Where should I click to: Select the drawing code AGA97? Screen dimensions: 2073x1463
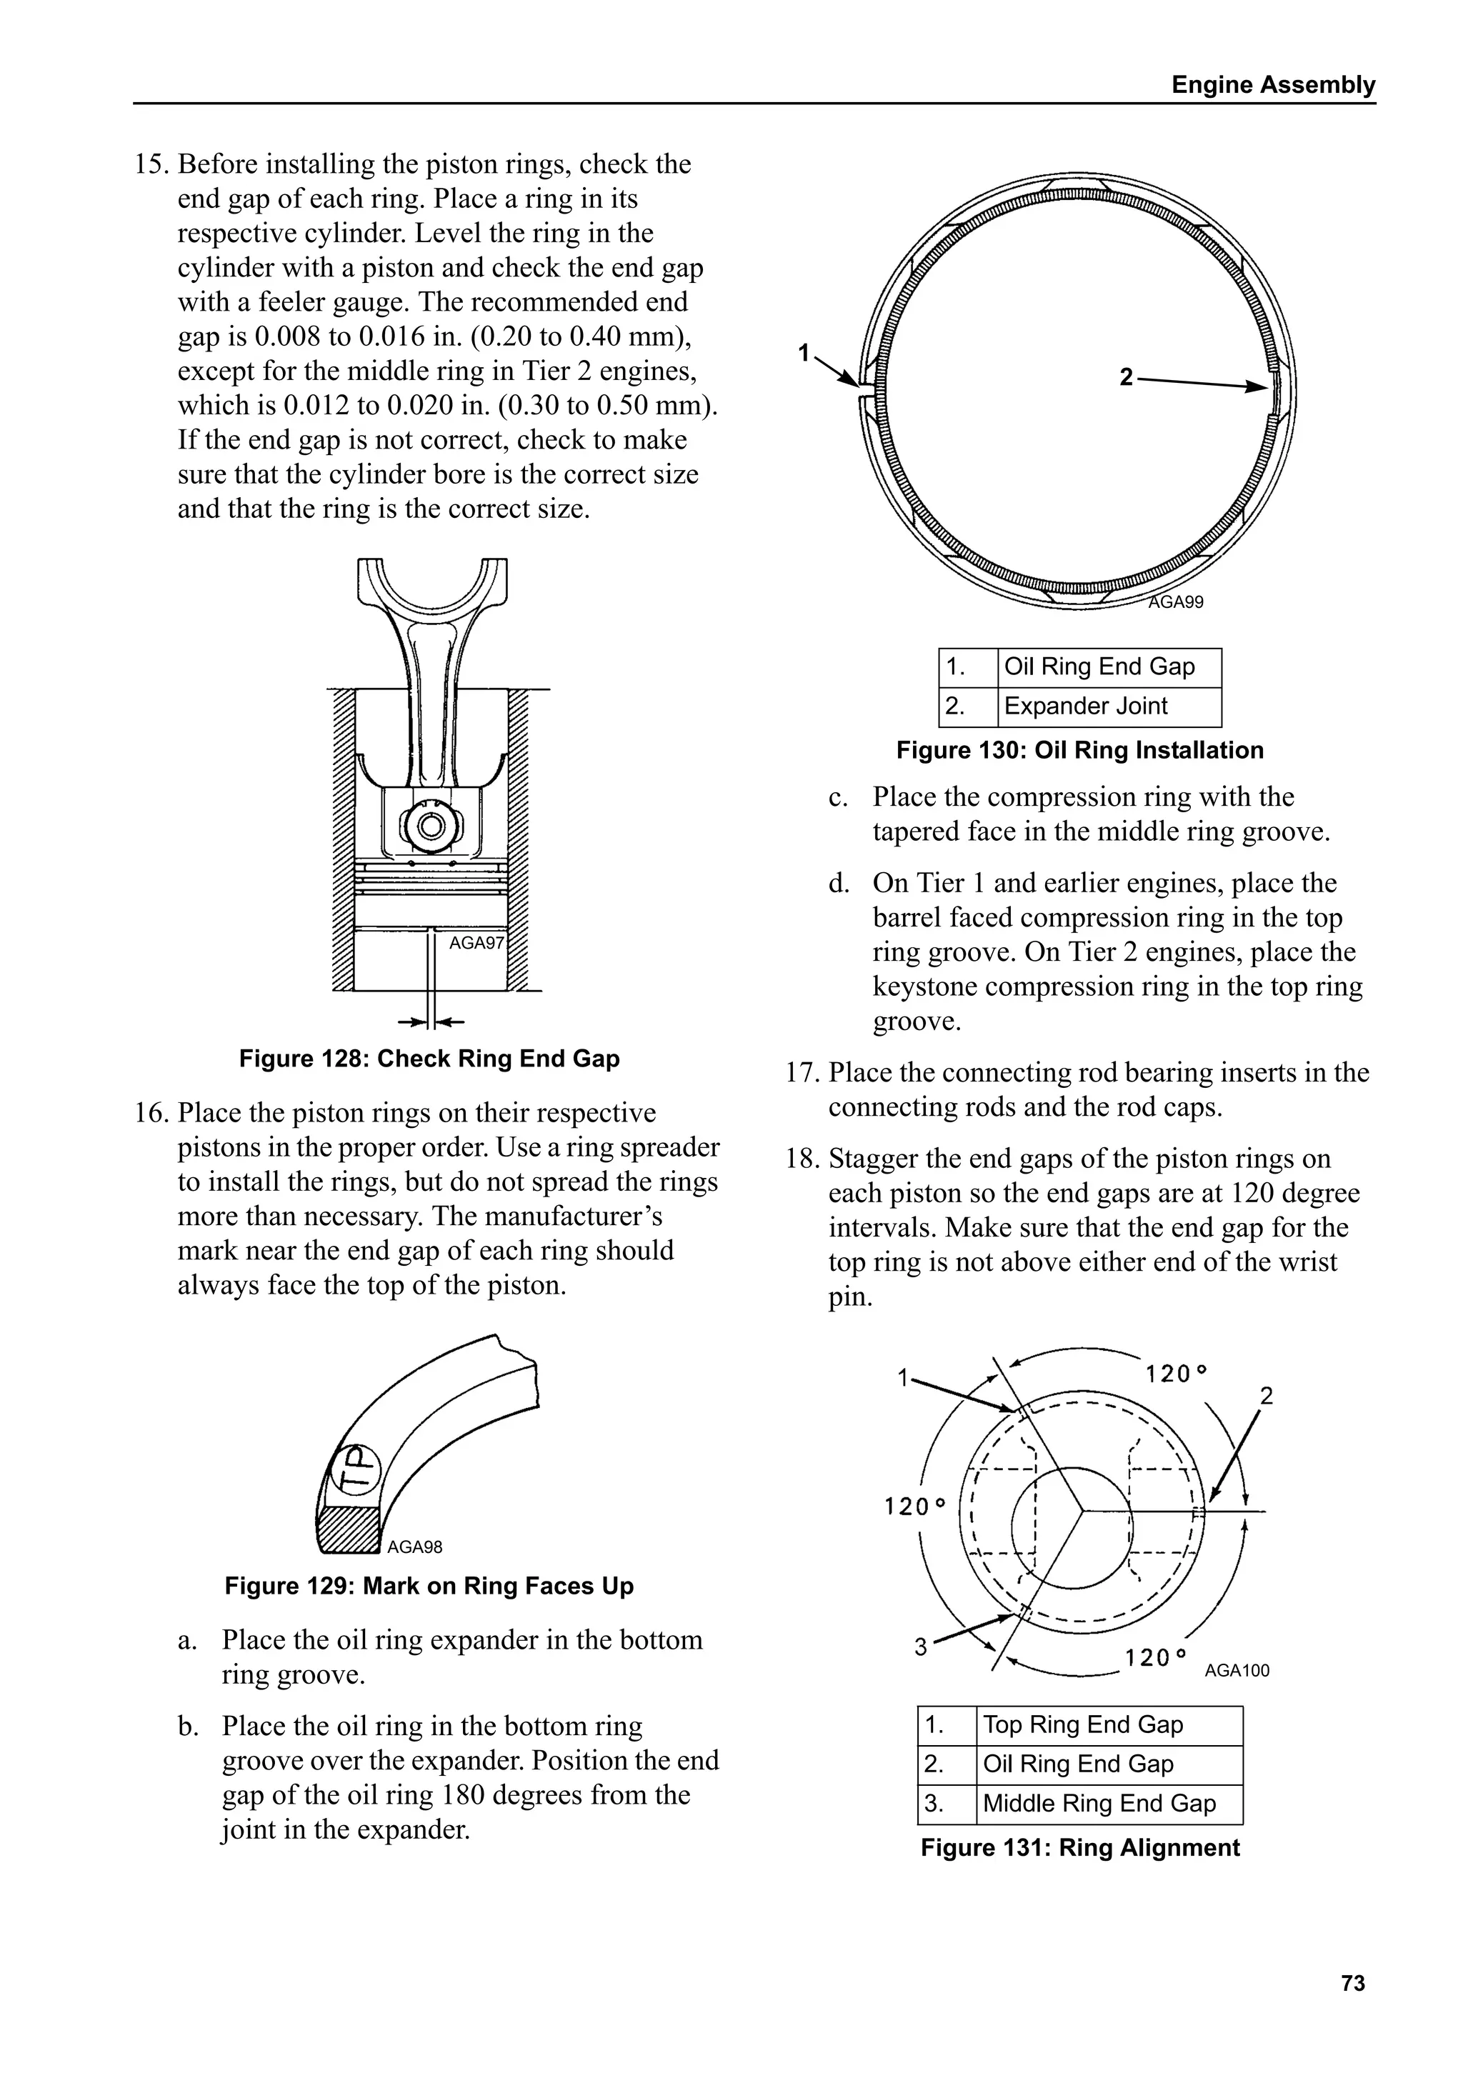point(476,944)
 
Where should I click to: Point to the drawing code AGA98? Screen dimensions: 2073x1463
point(414,1547)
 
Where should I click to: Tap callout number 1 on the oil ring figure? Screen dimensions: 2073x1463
point(804,353)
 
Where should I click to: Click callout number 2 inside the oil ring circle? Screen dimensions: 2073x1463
point(1125,376)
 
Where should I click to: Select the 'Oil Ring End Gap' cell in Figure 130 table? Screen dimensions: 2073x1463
point(1108,667)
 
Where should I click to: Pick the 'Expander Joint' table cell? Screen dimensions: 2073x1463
point(1108,706)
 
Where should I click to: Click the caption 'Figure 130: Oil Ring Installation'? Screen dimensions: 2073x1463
point(1079,750)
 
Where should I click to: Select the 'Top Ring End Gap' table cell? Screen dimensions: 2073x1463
point(1108,1725)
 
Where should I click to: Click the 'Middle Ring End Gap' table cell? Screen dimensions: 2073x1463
point(1108,1803)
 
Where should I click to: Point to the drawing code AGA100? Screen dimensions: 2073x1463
point(1237,1670)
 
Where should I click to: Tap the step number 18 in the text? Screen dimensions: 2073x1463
point(800,1159)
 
